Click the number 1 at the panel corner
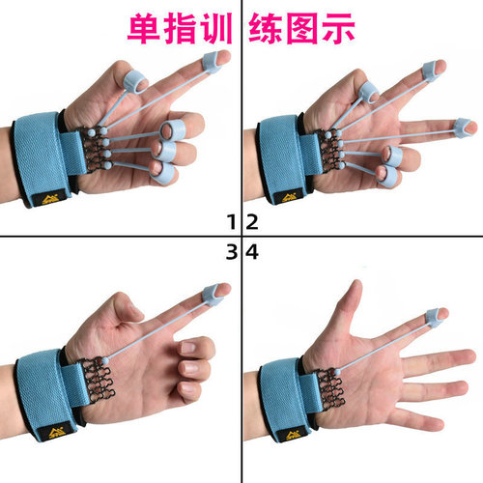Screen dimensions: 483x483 coord(231,223)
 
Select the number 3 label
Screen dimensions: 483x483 coord(231,253)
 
